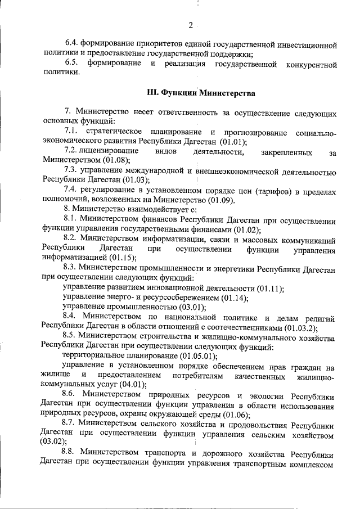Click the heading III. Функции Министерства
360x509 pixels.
click(x=201, y=92)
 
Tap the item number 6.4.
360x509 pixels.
click(x=72, y=44)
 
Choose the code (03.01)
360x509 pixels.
click(x=190, y=307)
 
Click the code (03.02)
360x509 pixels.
click(x=55, y=443)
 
